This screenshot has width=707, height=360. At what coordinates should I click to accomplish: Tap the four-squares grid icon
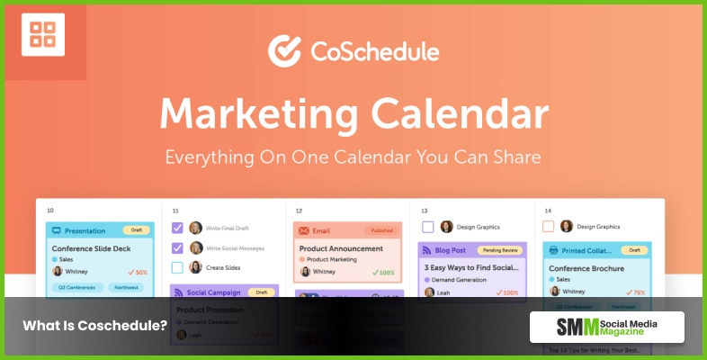[42, 35]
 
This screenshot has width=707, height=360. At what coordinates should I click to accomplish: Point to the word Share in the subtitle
[514, 157]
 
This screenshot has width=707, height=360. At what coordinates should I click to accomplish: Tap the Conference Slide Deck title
[92, 248]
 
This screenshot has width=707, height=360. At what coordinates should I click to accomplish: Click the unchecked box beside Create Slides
[177, 267]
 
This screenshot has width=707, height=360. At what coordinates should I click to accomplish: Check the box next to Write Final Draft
[177, 228]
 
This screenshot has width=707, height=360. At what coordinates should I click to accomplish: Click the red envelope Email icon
[303, 230]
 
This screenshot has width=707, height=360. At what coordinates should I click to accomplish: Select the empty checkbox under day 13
[427, 227]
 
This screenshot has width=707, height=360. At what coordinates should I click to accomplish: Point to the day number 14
[548, 211]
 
